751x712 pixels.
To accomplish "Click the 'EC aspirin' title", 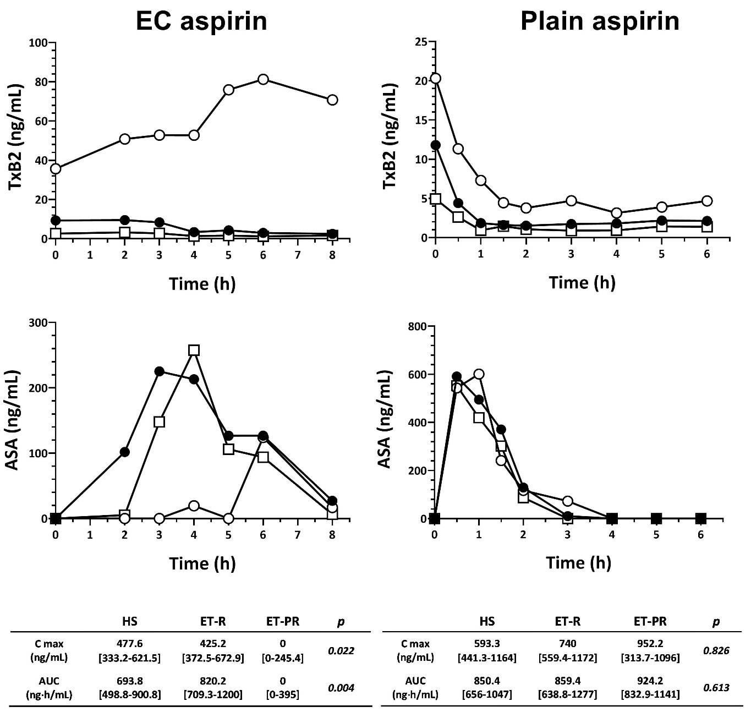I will coord(201,21).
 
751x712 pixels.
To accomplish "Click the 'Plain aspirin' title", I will coord(600,21).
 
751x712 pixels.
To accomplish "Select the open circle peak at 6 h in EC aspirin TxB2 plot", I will coord(263,79).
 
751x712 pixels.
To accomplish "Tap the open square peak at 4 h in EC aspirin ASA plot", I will coord(194,350).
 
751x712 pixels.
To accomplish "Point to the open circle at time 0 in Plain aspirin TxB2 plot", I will coord(435,78).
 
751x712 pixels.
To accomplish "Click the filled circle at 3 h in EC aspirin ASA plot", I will coord(159,371).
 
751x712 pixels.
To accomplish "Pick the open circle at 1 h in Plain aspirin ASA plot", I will coord(479,374).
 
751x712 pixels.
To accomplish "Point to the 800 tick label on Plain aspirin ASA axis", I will coord(416,327).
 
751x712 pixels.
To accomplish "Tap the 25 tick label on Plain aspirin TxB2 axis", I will coord(422,42).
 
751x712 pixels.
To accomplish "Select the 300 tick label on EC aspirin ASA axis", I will coord(38,322).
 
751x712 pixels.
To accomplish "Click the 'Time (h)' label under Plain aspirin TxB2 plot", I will coord(582,283).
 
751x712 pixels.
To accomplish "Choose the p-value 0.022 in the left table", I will coord(341,650).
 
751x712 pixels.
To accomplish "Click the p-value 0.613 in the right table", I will coord(716,687).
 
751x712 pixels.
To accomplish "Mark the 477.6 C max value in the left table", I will coord(130,643).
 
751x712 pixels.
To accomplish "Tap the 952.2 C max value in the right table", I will coord(650,643).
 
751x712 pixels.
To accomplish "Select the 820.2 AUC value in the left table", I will coord(213,681).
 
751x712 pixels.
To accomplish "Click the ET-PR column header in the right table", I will coord(650,621).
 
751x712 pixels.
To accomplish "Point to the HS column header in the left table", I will coord(130,621).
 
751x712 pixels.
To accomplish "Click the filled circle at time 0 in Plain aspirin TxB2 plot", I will coord(436,145).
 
